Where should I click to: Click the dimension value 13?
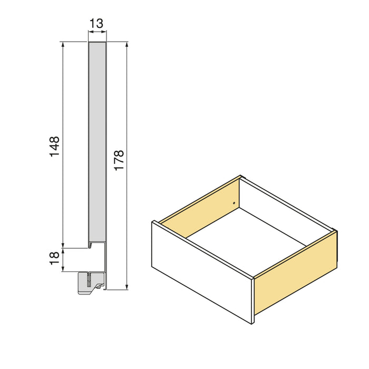[97, 24]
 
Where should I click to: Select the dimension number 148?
[55, 147]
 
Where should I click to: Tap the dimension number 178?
[119, 160]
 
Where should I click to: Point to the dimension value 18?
[55, 258]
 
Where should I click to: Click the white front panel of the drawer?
[201, 271]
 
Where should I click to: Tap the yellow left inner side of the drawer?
[200, 206]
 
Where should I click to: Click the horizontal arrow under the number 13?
[98, 33]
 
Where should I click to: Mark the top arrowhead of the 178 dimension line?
[127, 45]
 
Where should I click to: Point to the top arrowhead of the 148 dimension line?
[63, 45]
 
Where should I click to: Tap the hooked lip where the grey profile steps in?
[92, 244]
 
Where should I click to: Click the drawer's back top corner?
[240, 177]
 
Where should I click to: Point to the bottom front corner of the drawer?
[254, 322]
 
